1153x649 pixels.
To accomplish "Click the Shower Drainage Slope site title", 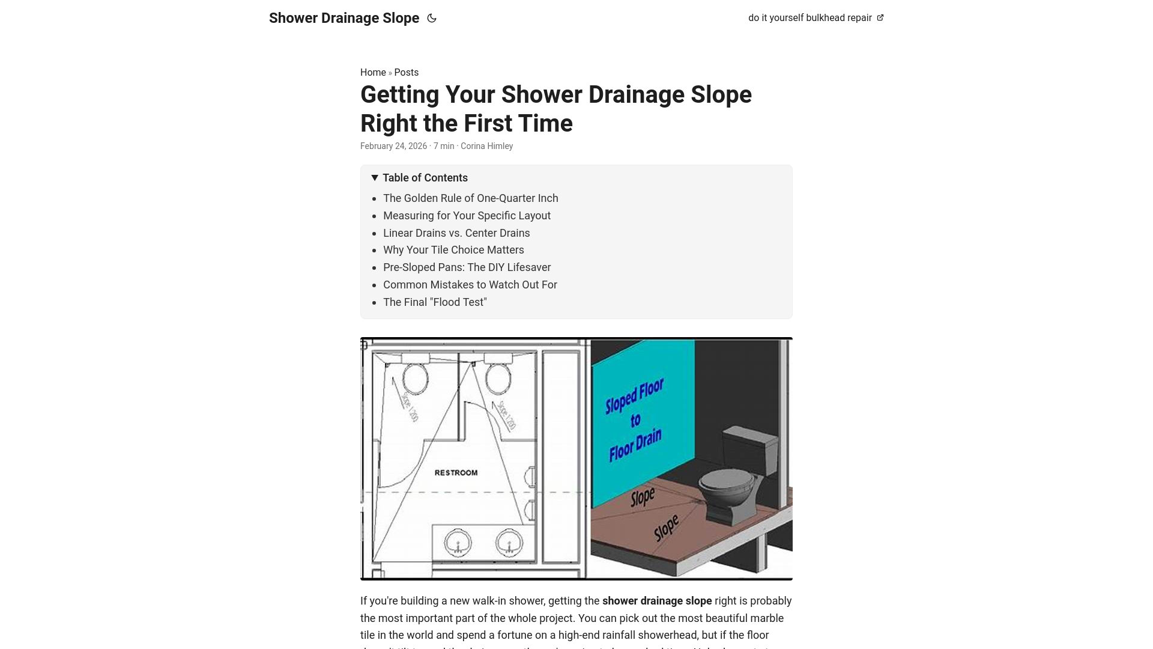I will click(x=343, y=18).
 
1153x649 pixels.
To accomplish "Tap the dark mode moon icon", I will click(x=432, y=18).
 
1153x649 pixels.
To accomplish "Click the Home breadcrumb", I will click(x=372, y=73).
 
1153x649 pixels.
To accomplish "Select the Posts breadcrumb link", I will click(x=406, y=73).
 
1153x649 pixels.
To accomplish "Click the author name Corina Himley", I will click(x=486, y=146).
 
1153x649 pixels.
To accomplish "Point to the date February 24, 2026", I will click(x=393, y=146).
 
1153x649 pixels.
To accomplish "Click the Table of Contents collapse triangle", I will click(x=375, y=178).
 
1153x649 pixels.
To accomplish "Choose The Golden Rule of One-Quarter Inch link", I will click(x=470, y=198).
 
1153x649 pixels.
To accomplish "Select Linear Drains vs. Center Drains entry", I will click(x=456, y=233).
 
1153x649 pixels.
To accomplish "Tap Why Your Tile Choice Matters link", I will click(x=453, y=250).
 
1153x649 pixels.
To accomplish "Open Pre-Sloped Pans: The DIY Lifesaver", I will click(x=467, y=267).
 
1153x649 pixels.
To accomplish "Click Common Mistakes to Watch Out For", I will click(x=470, y=285).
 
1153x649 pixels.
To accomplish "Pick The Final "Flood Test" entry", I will click(x=435, y=302).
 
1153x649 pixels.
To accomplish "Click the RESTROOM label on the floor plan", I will click(x=456, y=473).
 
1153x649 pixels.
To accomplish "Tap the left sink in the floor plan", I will click(x=458, y=543).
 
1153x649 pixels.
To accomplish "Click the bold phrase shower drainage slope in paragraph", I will click(x=656, y=601).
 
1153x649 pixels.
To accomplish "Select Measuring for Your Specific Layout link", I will click(x=467, y=216).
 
